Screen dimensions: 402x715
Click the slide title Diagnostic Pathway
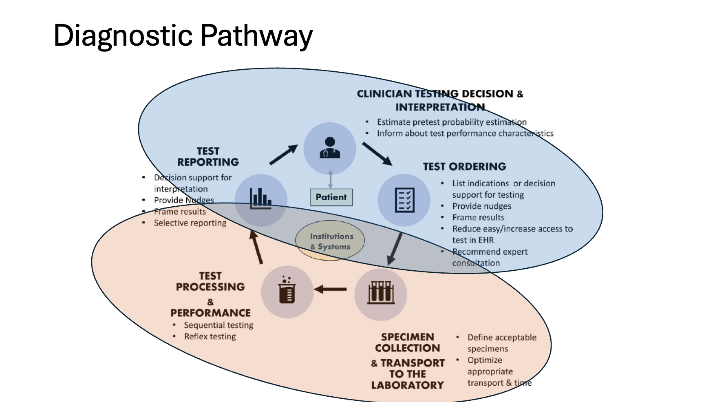[x=183, y=35]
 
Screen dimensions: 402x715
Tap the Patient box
[x=331, y=197]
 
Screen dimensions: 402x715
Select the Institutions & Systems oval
[x=330, y=241]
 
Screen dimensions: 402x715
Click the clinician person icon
[x=330, y=148]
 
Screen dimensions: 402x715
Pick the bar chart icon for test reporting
[x=261, y=199]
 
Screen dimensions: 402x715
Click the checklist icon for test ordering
[x=404, y=200]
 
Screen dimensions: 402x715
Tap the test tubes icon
[x=381, y=293]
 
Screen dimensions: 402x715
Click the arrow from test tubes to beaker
[x=331, y=289]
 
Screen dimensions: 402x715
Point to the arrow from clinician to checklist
[x=377, y=154]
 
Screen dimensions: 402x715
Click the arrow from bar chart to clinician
[x=284, y=155]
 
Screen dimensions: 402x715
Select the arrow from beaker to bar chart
[x=256, y=247]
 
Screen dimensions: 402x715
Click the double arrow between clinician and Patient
[x=330, y=179]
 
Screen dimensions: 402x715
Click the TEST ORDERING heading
[x=464, y=167]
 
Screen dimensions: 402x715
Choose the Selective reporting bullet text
[x=190, y=223]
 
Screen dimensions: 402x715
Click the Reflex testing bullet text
[x=210, y=336]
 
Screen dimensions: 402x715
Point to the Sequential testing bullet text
[x=218, y=325]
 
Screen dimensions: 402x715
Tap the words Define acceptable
[x=502, y=338]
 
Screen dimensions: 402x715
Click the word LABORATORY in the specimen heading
[x=407, y=385]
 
